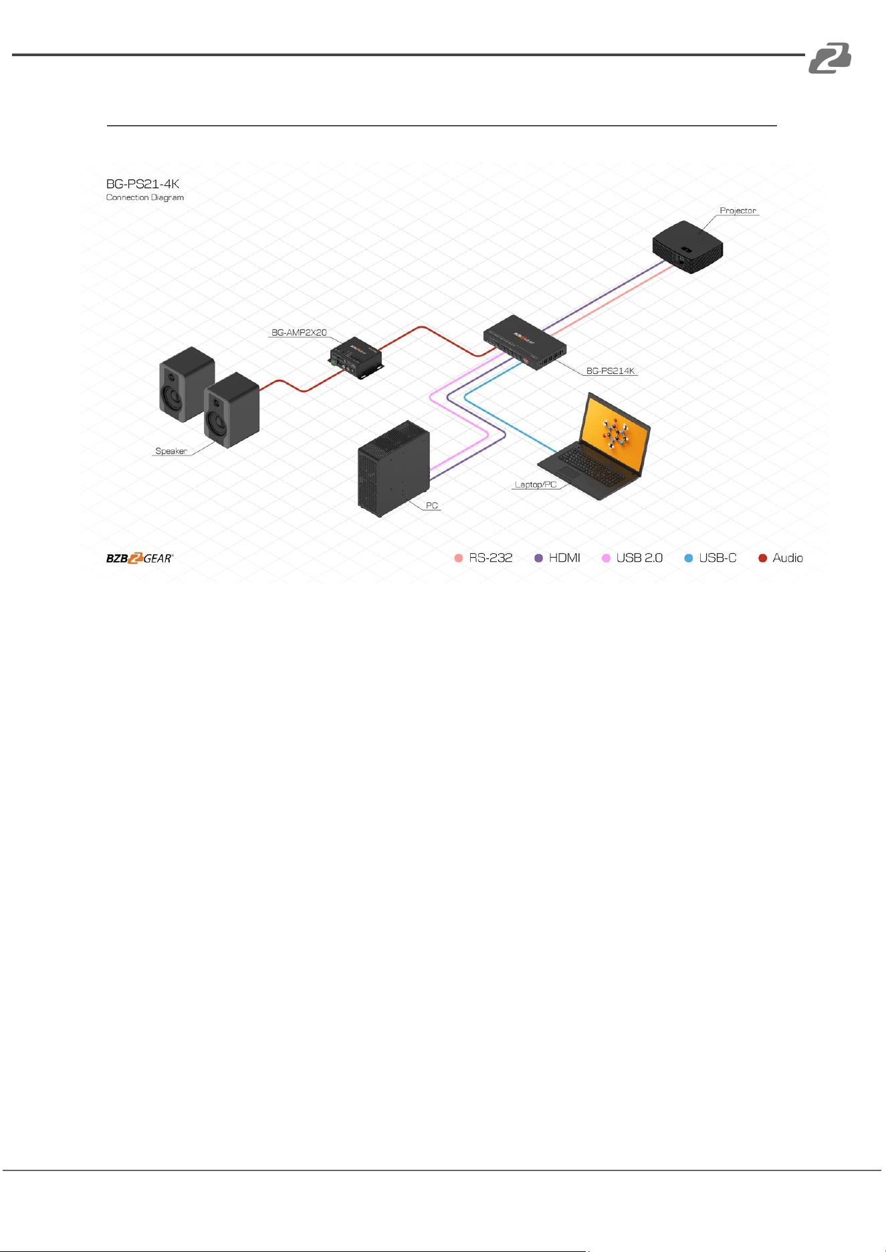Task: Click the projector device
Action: tap(688, 247)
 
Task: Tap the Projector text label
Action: tap(738, 211)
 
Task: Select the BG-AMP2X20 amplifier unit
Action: tap(356, 358)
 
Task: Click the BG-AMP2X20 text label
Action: tap(299, 332)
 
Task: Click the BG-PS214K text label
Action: tap(611, 371)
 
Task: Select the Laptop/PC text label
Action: tap(536, 485)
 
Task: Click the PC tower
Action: tap(394, 469)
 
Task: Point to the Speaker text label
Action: tap(171, 451)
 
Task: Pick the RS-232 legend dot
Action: tap(459, 558)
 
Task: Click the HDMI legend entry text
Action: tap(564, 558)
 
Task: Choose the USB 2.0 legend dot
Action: tap(606, 558)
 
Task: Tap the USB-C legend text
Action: tap(717, 558)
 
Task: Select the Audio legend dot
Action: tap(762, 558)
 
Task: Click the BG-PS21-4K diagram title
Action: tap(143, 184)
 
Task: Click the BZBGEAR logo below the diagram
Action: tap(140, 558)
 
